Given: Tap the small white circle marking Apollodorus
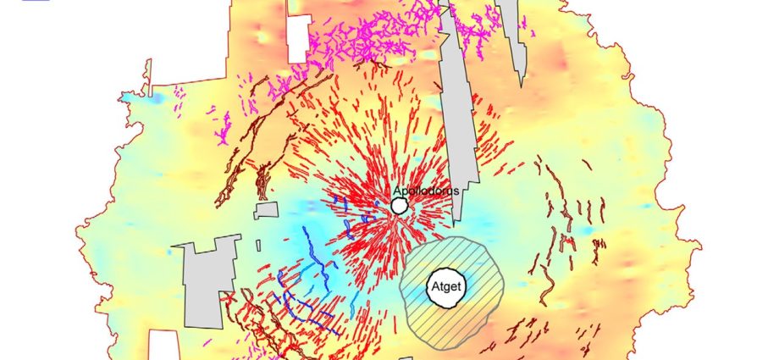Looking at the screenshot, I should (400, 206).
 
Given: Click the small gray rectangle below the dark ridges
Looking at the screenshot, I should (267, 209).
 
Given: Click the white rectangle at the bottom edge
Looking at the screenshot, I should (166, 345).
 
